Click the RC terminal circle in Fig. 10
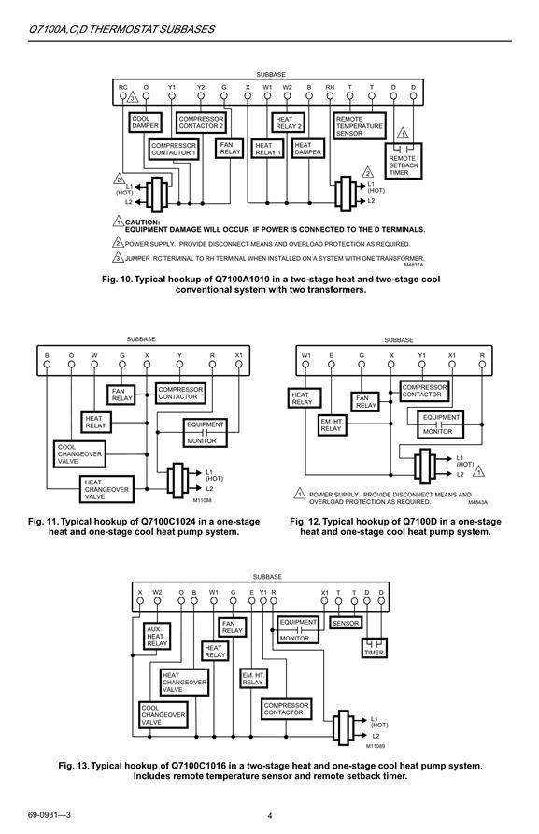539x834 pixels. (x=122, y=96)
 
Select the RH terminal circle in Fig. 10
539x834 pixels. (x=330, y=96)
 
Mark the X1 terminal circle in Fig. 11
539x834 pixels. (x=238, y=365)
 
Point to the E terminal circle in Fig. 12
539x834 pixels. (x=332, y=365)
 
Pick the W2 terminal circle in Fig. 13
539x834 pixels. (x=157, y=601)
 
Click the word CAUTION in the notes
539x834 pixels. (x=142, y=223)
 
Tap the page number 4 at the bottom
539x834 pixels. (x=269, y=816)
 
